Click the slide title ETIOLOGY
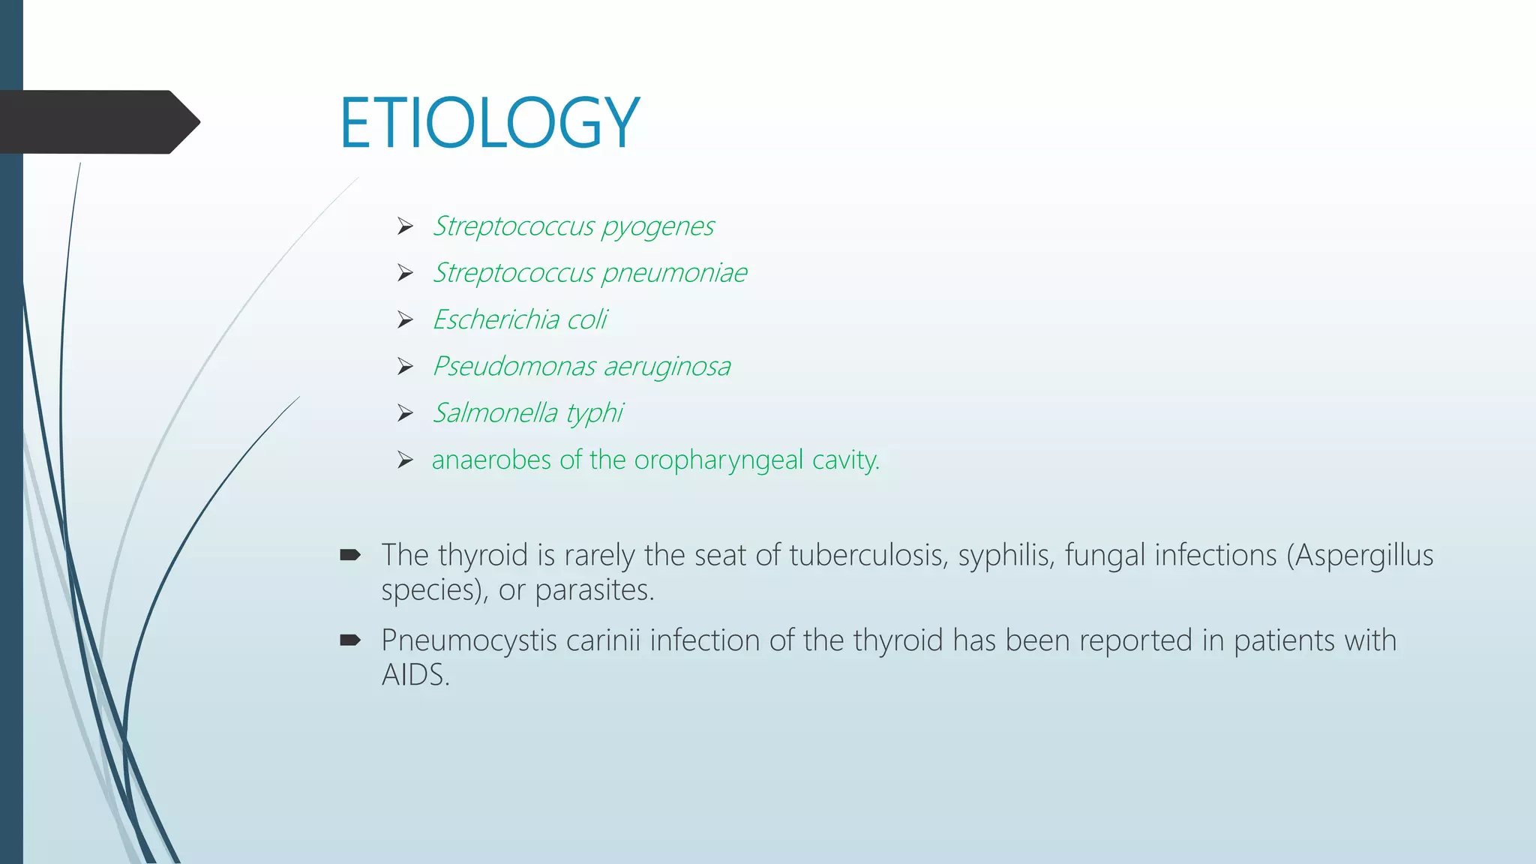489,123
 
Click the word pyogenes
658,226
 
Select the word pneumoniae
674,273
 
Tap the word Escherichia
496,319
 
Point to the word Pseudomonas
514,367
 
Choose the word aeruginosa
667,367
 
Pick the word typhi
595,413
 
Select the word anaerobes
492,460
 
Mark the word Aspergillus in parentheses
1364,556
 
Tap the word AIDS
415,675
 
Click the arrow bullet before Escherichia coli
406,320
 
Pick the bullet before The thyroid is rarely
350,556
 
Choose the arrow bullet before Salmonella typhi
406,413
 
